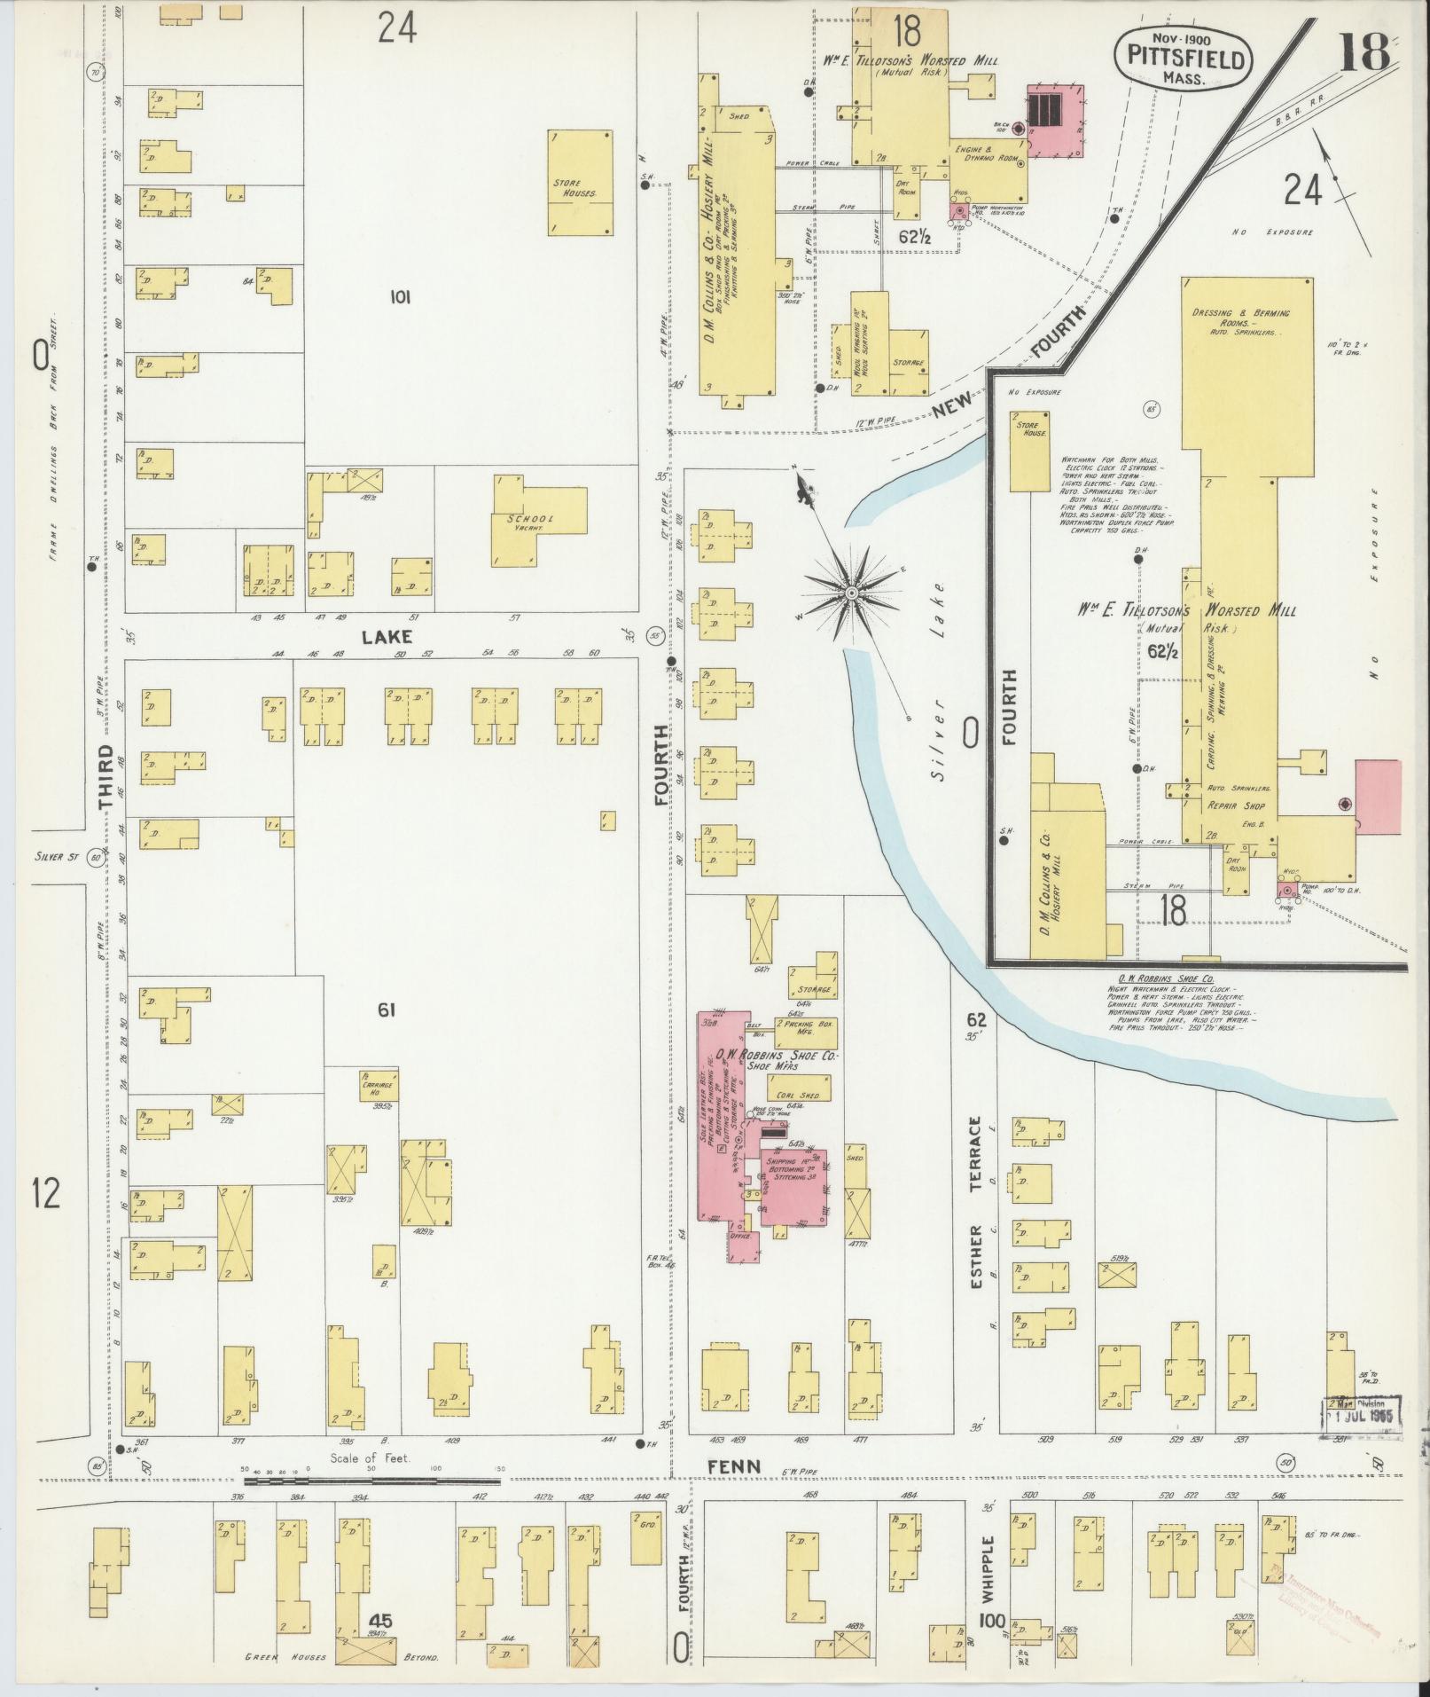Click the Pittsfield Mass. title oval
(1183, 57)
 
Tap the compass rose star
(851, 592)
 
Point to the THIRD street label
(107, 776)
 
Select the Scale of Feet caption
(370, 1457)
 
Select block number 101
(399, 298)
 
